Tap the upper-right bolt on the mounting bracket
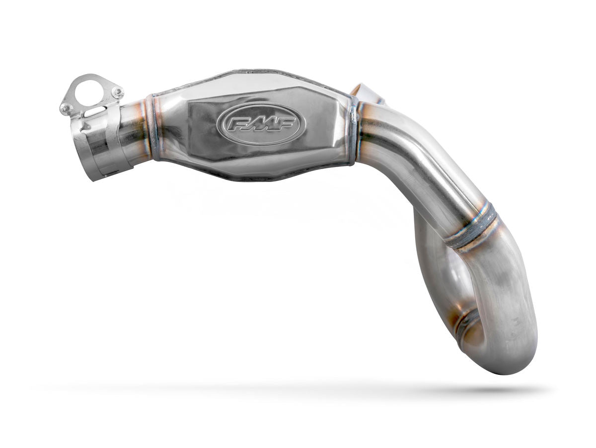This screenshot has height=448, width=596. pyautogui.click(x=117, y=92)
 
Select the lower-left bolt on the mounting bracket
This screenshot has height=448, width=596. pyautogui.click(x=66, y=107)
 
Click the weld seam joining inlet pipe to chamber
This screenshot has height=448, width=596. pyautogui.click(x=152, y=128)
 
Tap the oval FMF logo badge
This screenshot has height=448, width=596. pyautogui.click(x=260, y=124)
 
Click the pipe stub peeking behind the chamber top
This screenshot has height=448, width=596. pyautogui.click(x=365, y=93)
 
